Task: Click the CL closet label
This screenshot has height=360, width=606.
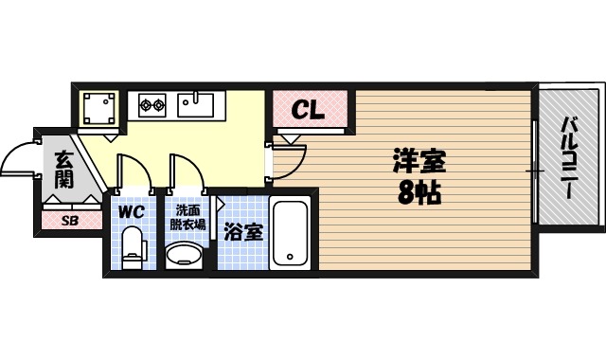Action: tap(308, 110)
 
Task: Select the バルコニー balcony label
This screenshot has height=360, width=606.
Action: tap(569, 157)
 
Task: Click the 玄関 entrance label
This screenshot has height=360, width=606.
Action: tap(63, 171)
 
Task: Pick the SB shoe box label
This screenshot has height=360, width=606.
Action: tap(69, 221)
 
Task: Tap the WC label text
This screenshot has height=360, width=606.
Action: tap(131, 212)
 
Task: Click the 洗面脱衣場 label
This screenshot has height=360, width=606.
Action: tap(185, 217)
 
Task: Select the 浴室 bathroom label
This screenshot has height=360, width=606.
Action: tap(242, 229)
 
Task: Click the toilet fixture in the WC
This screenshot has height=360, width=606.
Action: tap(134, 247)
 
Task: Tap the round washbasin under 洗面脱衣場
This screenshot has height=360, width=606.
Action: tap(184, 255)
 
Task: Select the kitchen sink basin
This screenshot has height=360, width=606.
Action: tap(200, 102)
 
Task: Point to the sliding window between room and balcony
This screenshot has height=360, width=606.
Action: tap(536, 171)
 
